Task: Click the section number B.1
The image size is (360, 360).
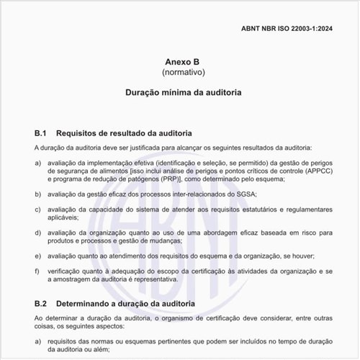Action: [x=40, y=134]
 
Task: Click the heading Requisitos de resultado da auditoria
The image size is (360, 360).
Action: [x=124, y=134]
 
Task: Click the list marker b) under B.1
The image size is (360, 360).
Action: [x=37, y=194]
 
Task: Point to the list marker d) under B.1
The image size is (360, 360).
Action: [x=37, y=233]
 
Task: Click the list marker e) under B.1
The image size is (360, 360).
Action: [x=37, y=256]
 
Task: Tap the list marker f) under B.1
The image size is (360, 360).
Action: [x=37, y=271]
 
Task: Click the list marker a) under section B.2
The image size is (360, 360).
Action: [x=37, y=339]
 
